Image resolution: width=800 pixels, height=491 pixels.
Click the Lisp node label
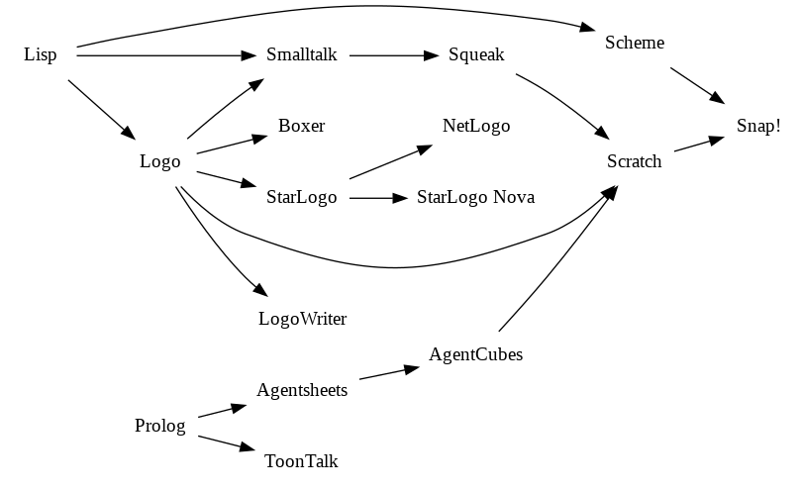40,54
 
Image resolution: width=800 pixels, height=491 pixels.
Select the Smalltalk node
302,54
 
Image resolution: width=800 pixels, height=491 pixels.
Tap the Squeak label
476,54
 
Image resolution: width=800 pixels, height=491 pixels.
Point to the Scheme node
635,43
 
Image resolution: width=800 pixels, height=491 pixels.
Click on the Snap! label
758,126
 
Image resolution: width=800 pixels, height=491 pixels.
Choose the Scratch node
635,161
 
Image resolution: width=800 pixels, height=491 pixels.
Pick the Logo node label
160,161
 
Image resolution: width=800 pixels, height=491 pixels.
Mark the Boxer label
302,126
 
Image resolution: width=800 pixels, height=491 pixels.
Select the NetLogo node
476,126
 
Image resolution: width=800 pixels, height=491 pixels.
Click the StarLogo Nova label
476,197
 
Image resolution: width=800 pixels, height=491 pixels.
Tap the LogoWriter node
302,319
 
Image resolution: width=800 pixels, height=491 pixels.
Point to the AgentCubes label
476,354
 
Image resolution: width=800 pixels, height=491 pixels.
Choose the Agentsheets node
302,390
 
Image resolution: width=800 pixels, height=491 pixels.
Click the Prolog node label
160,426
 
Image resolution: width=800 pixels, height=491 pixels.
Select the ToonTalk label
302,461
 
